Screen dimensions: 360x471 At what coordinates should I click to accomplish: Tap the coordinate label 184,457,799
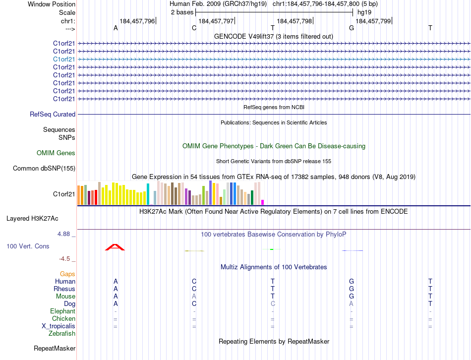[x=373, y=21]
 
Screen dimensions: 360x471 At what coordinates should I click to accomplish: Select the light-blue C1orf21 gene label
[x=64, y=59]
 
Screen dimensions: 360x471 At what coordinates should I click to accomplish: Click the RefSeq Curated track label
[x=53, y=115]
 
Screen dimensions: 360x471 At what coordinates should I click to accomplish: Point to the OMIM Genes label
[x=56, y=153]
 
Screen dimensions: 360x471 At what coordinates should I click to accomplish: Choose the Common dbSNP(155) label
[x=44, y=169]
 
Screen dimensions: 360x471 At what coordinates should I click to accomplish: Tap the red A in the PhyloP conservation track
[x=115, y=247]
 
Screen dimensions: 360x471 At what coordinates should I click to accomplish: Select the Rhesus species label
[x=64, y=289]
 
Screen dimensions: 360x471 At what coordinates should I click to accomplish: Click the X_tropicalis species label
[x=59, y=326]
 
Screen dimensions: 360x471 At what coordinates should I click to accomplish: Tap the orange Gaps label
[x=67, y=274]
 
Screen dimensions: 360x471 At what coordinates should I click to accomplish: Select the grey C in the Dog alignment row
[x=273, y=303]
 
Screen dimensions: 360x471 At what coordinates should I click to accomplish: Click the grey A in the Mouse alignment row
[x=194, y=296]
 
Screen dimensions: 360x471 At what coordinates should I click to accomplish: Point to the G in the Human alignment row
[x=352, y=281]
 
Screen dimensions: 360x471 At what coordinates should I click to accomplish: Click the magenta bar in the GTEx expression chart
[x=263, y=202]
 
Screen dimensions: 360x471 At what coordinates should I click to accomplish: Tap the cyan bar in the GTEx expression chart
[x=148, y=194]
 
